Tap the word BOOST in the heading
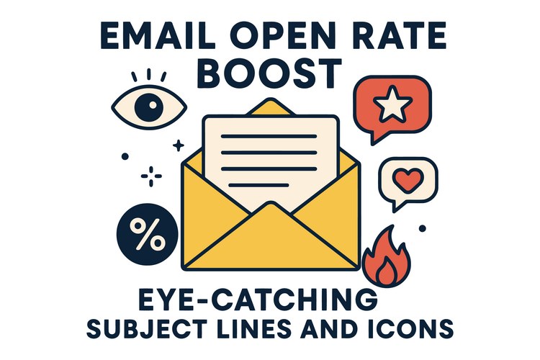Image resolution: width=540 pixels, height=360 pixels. [x=270, y=73]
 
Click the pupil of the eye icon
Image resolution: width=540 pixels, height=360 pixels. [x=148, y=107]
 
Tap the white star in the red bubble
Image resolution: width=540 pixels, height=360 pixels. [x=392, y=104]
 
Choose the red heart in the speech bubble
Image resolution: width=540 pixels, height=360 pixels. [x=408, y=180]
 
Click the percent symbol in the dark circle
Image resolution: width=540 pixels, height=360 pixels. [x=148, y=234]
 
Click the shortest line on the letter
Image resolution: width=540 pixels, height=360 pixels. [x=258, y=185]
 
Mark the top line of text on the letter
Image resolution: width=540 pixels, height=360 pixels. [x=269, y=136]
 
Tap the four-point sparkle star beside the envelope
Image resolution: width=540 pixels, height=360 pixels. [x=179, y=145]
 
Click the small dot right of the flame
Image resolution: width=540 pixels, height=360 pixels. [x=422, y=228]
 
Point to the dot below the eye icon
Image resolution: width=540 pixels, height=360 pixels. [x=125, y=156]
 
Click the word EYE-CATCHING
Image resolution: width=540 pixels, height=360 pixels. [x=258, y=300]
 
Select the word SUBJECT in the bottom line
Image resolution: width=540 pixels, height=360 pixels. [x=147, y=328]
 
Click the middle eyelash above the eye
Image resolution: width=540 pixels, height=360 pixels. [x=149, y=73]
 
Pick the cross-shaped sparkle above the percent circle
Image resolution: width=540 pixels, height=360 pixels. [x=151, y=176]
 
